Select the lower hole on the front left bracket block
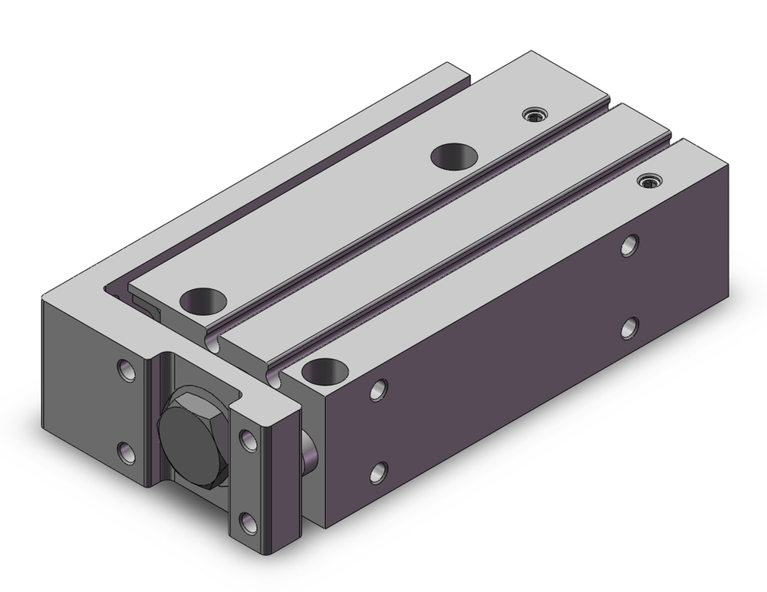[126, 451]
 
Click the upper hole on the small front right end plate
[247, 439]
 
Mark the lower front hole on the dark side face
[378, 471]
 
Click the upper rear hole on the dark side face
[630, 245]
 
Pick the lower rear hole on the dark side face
[630, 327]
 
